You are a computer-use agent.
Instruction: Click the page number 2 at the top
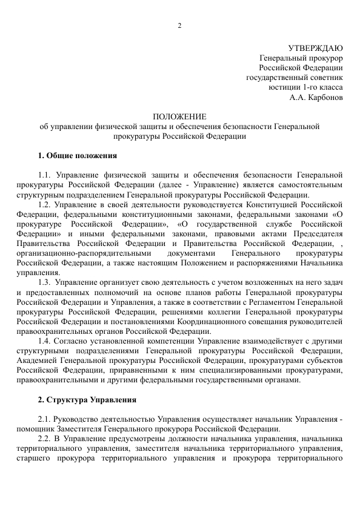tap(180, 25)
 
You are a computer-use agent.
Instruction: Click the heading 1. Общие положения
tap(73, 156)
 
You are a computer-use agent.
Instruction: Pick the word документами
tap(191, 253)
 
